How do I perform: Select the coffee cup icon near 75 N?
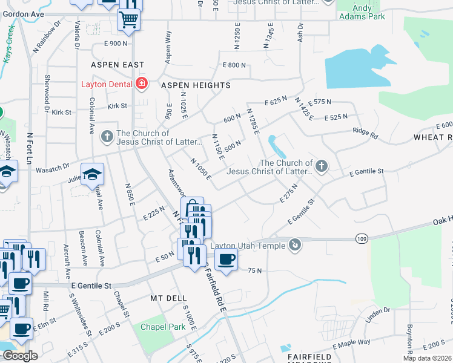pos(226,260)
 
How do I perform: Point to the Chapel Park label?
pos(161,327)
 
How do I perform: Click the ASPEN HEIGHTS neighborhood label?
pos(196,86)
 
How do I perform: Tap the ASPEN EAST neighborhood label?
pos(117,65)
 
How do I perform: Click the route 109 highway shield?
pos(362,240)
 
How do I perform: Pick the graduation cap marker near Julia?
pos(92,175)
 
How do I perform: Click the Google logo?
pos(20,355)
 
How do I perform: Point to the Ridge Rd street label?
pos(365,131)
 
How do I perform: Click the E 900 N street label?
pos(116,44)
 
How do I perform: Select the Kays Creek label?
pos(8,45)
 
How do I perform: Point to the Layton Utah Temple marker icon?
pos(295,245)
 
